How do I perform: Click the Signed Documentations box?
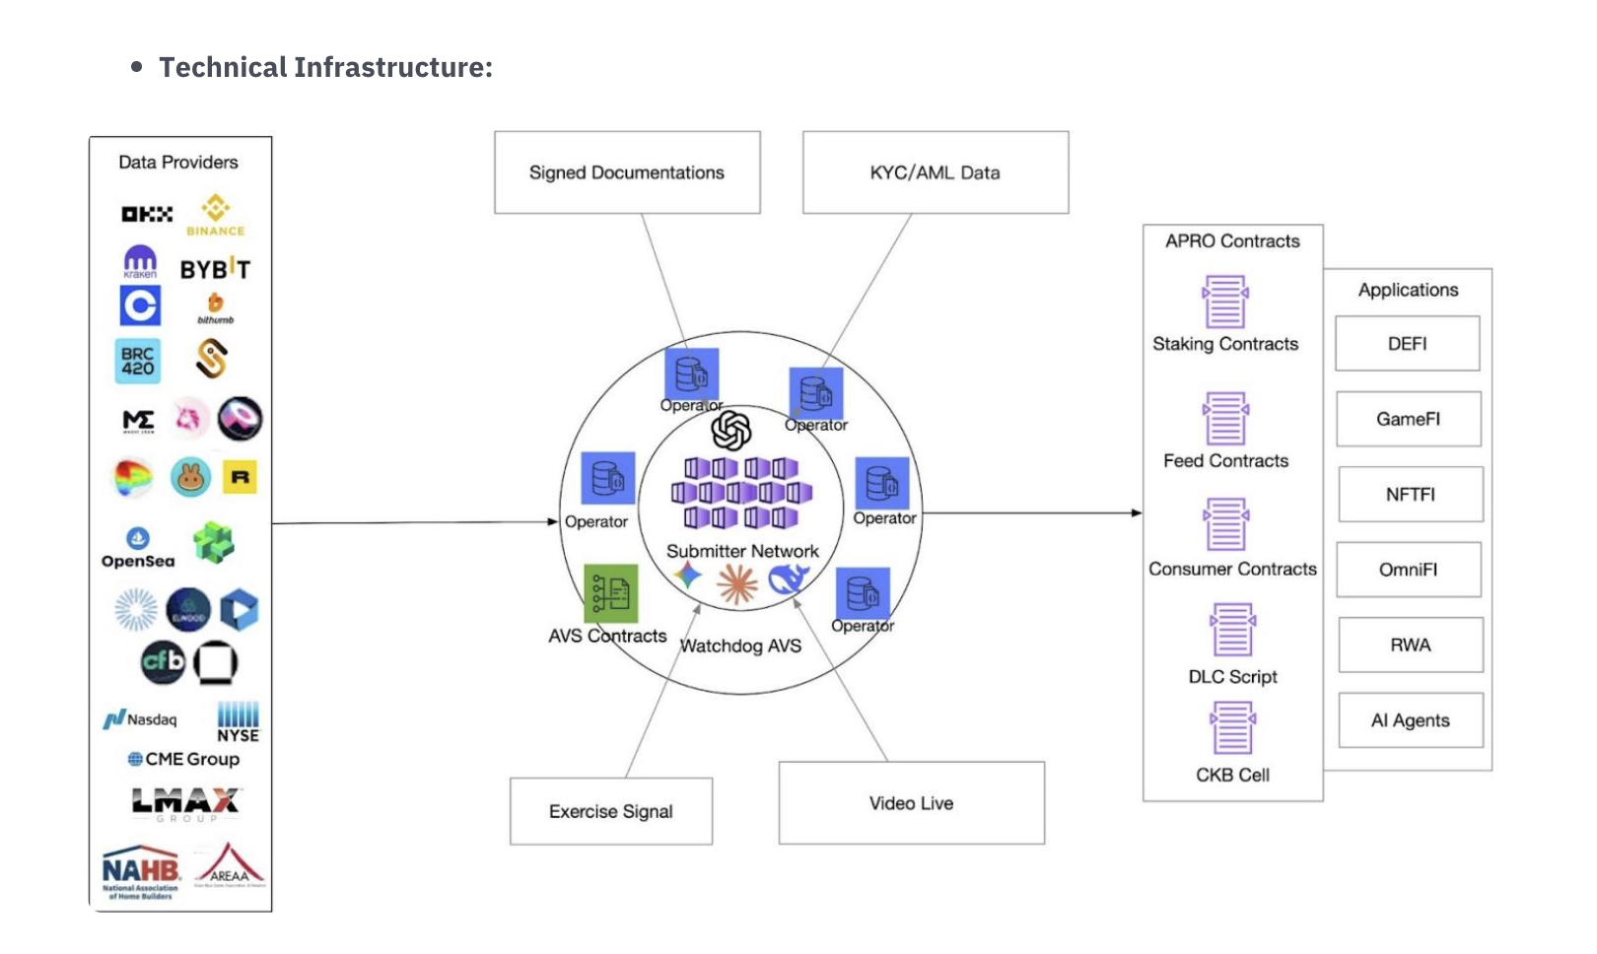(627, 172)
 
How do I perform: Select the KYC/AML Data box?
(935, 172)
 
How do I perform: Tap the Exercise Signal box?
(611, 811)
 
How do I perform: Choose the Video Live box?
(911, 803)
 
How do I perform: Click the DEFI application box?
(1407, 343)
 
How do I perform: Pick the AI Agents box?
(1410, 720)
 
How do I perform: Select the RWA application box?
(1410, 645)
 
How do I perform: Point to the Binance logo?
(216, 214)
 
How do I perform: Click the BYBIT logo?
(215, 269)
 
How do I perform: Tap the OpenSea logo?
(138, 548)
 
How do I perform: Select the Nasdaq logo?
(140, 719)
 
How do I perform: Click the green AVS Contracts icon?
(610, 592)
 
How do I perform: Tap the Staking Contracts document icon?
(1225, 302)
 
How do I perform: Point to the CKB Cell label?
(1232, 775)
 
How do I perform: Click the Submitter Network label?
(742, 551)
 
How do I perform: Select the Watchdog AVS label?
(740, 646)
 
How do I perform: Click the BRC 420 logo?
(138, 361)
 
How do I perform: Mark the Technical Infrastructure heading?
(325, 67)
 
